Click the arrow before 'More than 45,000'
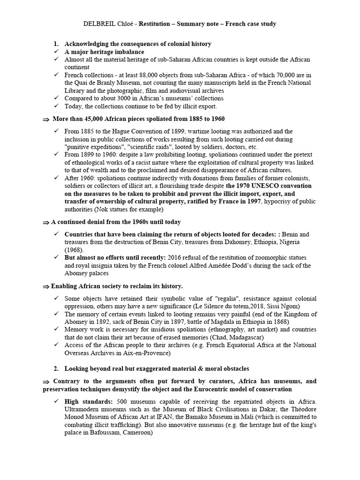coord(45,120)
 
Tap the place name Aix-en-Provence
coord(149,352)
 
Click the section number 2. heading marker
coord(56,368)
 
